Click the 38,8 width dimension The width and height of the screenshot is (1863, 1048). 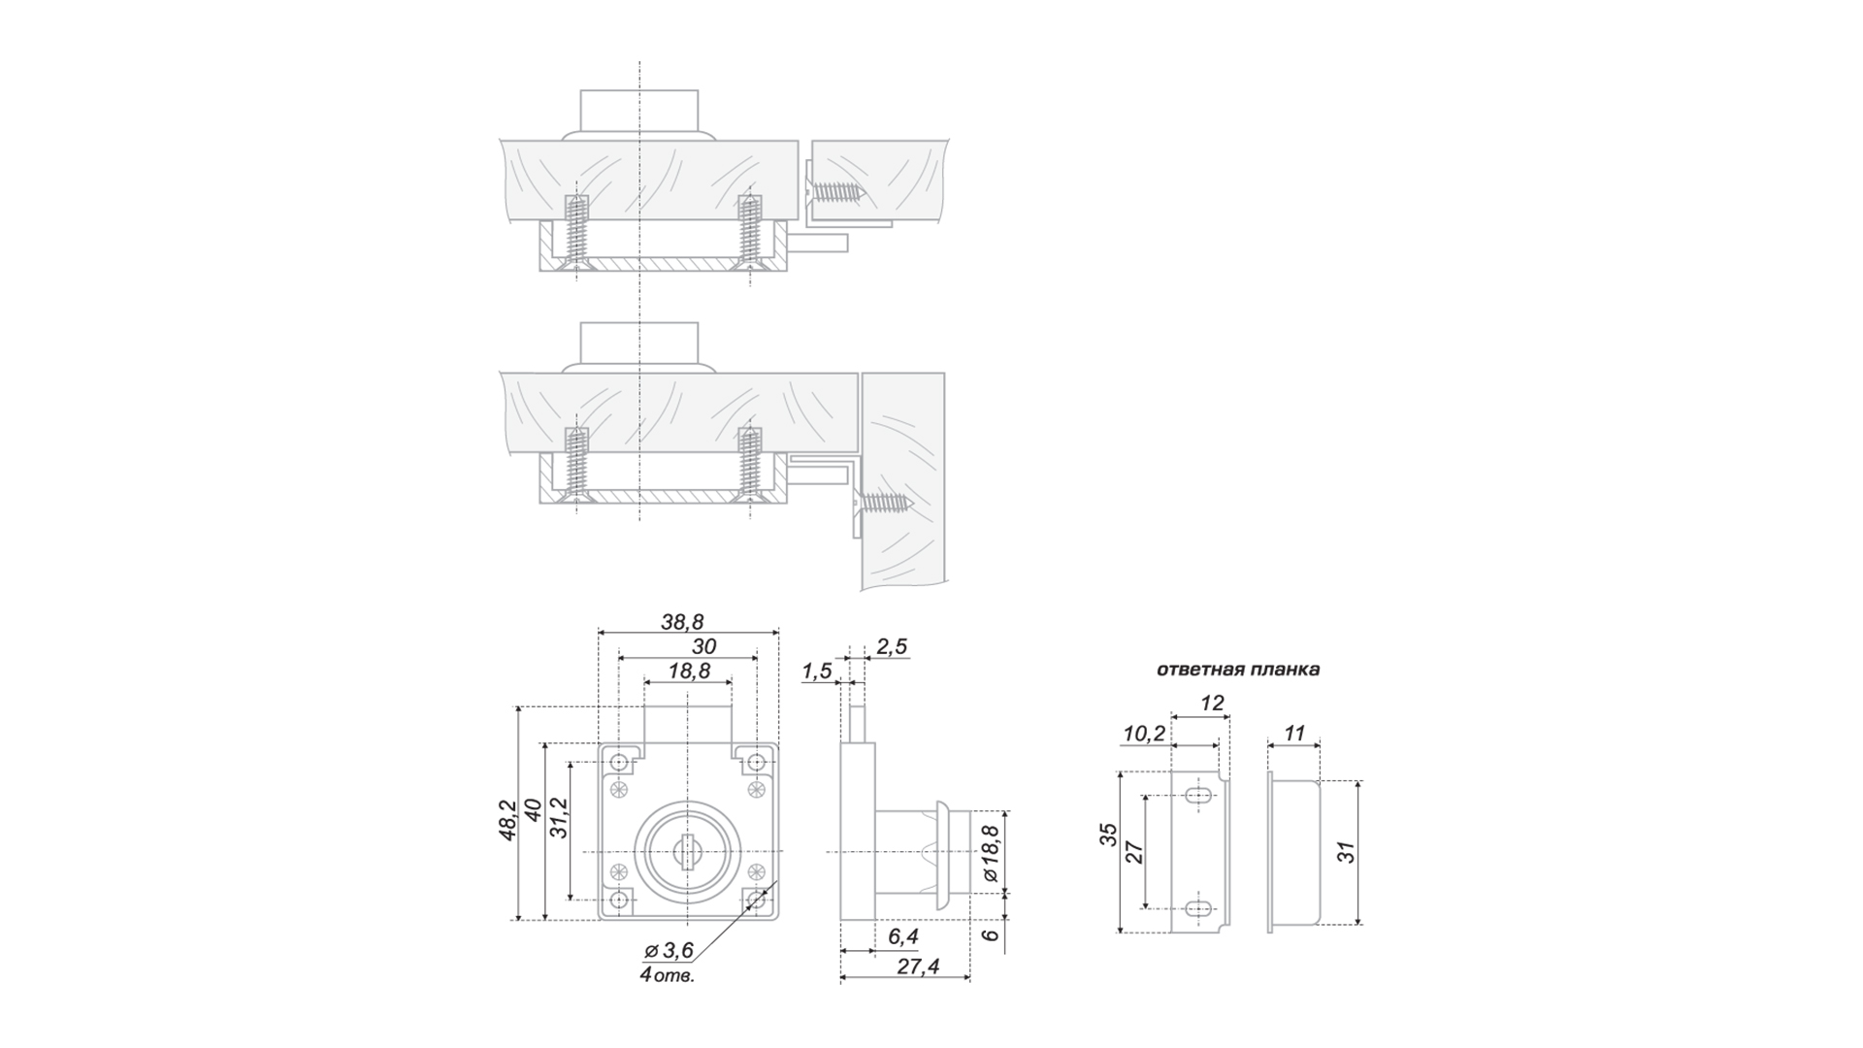(x=682, y=622)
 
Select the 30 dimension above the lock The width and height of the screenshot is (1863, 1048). (x=704, y=646)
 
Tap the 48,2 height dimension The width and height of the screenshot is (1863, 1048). (x=507, y=820)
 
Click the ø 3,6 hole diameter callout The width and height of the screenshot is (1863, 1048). (x=670, y=950)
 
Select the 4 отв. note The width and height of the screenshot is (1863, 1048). (x=667, y=975)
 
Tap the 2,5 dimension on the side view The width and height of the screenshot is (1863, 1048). (x=892, y=646)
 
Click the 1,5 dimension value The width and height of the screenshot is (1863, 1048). (x=817, y=671)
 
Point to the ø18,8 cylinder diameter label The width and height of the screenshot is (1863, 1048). (x=989, y=854)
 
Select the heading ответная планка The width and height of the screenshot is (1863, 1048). (x=1238, y=670)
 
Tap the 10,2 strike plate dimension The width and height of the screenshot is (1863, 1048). (x=1144, y=733)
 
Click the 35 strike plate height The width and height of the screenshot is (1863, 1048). (x=1109, y=835)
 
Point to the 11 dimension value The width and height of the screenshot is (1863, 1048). (x=1294, y=733)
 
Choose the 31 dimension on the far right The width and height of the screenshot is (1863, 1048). (x=1346, y=852)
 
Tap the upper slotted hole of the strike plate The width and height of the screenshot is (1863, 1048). (x=1199, y=797)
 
